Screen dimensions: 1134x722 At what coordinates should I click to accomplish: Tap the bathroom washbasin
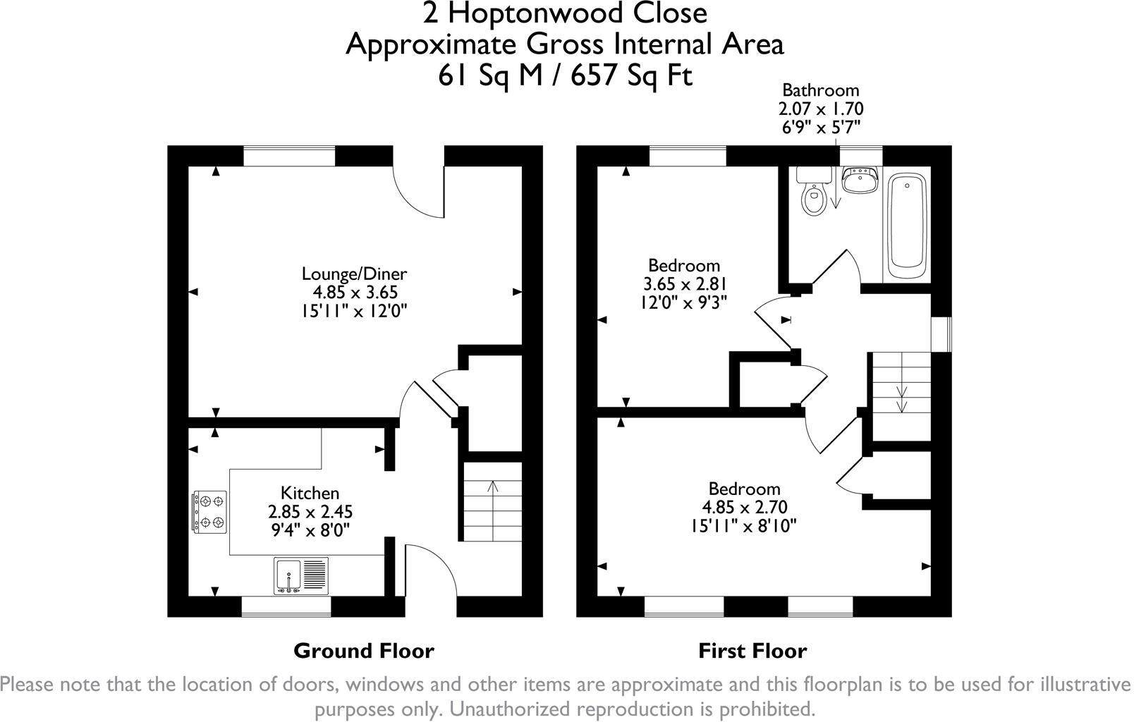coord(860,180)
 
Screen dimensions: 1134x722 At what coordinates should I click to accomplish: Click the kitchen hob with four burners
coord(209,512)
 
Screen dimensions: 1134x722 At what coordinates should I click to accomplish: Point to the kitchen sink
coord(301,575)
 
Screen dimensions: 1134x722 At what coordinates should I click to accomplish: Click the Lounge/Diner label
coord(354,274)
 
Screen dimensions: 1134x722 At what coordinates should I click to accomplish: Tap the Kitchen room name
coord(310,493)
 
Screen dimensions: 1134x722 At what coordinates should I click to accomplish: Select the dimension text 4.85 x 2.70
coord(745,507)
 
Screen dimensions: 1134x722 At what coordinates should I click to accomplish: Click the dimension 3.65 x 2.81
coord(684,283)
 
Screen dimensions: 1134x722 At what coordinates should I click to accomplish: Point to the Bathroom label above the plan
coord(821,90)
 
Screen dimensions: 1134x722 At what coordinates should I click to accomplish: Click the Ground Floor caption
coord(364,651)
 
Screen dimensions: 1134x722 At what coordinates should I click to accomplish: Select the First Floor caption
coord(752,651)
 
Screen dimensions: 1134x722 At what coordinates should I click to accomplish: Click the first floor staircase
coord(901,396)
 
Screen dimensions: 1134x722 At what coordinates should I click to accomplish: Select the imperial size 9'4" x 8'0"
coord(311,530)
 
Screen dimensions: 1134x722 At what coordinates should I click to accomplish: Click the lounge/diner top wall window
coord(289,156)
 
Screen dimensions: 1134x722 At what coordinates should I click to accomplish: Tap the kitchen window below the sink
coord(286,606)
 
